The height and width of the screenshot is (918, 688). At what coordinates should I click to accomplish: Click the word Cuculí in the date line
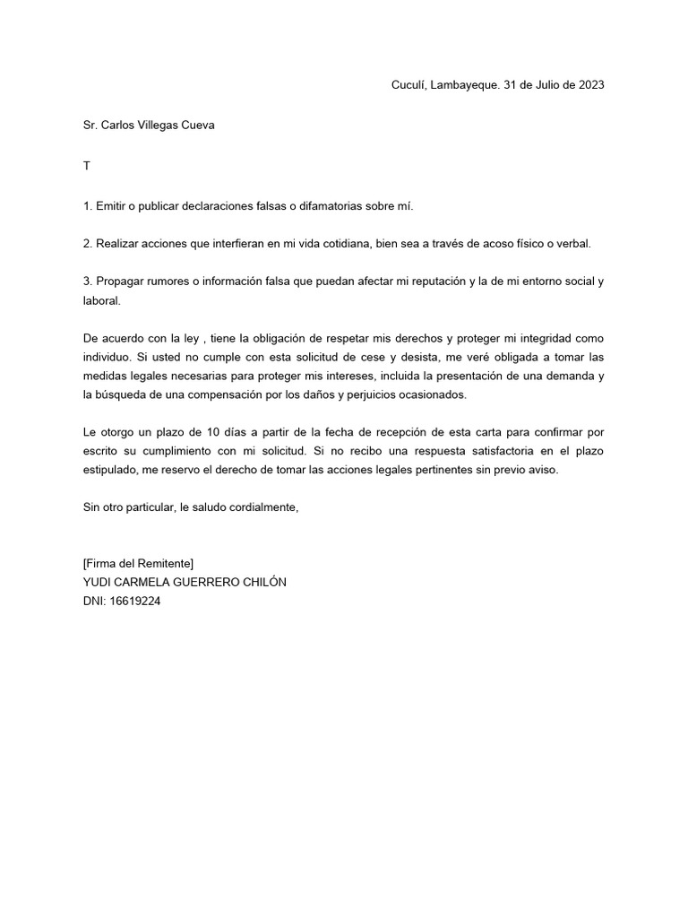(408, 85)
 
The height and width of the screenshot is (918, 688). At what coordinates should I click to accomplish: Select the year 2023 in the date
(590, 85)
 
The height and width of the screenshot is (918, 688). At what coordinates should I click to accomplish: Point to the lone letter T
(86, 166)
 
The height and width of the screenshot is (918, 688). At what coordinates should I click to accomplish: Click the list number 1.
(87, 206)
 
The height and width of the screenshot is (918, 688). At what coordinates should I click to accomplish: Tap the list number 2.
(87, 244)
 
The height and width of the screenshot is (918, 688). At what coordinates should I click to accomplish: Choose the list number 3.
(87, 281)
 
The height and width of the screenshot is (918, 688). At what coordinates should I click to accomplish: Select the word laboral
(100, 301)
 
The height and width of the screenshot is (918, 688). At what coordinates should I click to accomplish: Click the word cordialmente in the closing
(261, 508)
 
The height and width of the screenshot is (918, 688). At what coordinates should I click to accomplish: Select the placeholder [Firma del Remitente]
(138, 563)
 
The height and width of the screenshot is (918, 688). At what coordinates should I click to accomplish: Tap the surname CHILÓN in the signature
(262, 582)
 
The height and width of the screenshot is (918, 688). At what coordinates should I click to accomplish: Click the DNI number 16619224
(134, 601)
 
